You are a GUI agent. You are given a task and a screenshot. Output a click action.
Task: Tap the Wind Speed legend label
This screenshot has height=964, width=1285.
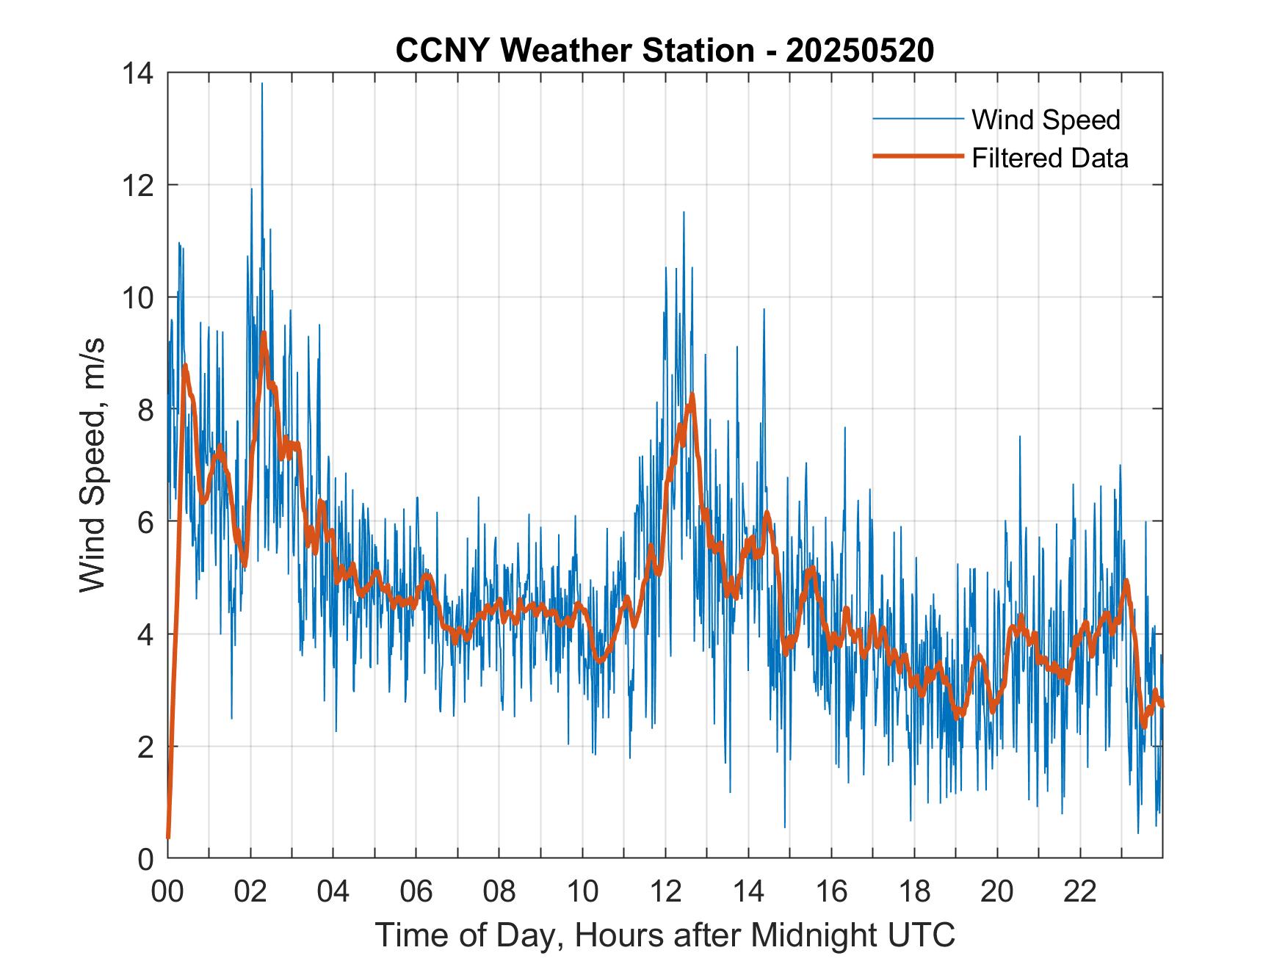[x=1046, y=120]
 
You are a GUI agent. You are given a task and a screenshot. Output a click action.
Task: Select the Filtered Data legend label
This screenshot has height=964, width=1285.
[x=1049, y=158]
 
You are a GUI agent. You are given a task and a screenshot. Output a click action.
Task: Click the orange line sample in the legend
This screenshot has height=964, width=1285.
[x=917, y=156]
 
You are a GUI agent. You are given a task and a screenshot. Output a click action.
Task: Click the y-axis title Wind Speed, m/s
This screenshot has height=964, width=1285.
[x=93, y=465]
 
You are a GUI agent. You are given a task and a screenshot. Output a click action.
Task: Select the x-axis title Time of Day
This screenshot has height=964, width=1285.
[x=665, y=935]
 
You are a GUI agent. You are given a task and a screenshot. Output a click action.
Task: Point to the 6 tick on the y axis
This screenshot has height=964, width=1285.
[x=145, y=522]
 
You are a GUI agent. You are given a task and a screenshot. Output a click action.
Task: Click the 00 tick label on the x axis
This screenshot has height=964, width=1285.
[x=167, y=891]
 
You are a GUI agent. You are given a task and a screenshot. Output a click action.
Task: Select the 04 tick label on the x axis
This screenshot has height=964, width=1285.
[x=333, y=891]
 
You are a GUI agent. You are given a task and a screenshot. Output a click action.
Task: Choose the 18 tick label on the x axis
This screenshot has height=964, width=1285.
[x=914, y=891]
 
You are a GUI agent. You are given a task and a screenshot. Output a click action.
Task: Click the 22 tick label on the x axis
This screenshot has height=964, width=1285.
[x=1080, y=891]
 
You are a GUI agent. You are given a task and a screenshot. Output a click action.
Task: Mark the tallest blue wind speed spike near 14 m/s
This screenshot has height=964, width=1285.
[x=262, y=84]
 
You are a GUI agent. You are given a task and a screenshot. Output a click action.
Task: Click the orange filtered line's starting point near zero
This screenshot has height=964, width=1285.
[x=168, y=837]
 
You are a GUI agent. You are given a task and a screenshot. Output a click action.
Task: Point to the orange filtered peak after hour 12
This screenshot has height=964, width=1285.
[x=692, y=397]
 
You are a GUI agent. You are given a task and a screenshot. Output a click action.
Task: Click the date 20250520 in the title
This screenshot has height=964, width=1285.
[x=859, y=51]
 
